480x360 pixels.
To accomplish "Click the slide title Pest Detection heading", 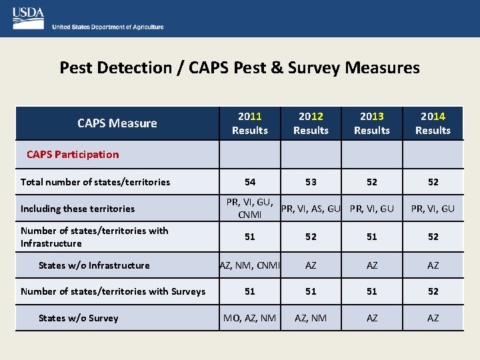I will click(239, 67).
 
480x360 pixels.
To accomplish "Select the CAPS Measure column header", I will click(117, 123).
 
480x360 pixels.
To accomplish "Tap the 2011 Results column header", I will click(250, 123).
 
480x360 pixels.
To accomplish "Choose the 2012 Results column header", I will click(311, 123).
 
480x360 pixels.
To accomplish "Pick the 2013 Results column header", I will click(372, 123).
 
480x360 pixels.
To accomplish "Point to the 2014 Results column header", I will click(433, 123).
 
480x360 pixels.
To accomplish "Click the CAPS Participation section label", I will click(73, 154).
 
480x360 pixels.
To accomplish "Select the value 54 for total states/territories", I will click(250, 182).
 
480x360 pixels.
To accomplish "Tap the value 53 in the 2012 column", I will click(311, 182).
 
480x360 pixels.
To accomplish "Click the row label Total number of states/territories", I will click(95, 182).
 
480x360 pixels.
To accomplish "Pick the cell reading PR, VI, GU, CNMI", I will click(250, 209).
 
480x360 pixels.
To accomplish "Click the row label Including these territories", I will click(77, 209).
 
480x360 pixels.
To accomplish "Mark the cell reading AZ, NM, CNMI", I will click(250, 265).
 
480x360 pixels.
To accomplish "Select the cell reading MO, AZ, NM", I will click(250, 318).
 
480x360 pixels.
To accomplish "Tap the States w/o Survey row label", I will click(78, 318).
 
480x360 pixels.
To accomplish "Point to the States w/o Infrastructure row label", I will click(94, 265).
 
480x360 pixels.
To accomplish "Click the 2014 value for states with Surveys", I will click(433, 291).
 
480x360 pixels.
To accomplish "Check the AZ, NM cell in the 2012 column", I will click(311, 318).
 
